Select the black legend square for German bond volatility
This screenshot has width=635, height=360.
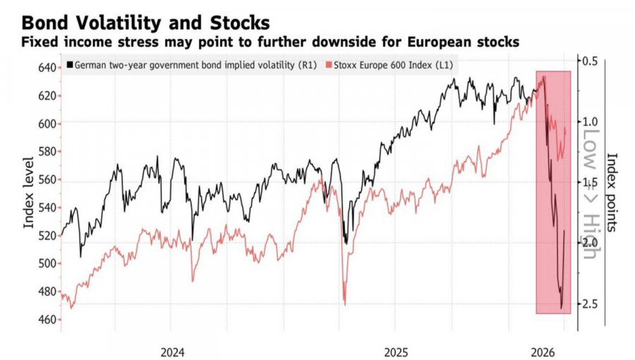click(71, 66)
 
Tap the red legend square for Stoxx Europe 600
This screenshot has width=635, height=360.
click(328, 66)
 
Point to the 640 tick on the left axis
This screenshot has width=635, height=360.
click(46, 68)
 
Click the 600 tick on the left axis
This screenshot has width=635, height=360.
click(46, 124)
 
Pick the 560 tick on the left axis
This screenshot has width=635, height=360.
click(46, 179)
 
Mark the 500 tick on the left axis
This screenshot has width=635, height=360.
click(46, 263)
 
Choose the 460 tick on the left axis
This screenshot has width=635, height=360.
click(46, 319)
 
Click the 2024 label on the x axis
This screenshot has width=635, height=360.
click(172, 351)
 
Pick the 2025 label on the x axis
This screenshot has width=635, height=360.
click(396, 351)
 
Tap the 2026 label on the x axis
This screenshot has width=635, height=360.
click(544, 351)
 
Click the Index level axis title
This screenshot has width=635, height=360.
click(30, 193)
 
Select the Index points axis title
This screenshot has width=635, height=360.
click(612, 192)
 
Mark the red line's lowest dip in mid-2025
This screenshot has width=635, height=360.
click(344, 303)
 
